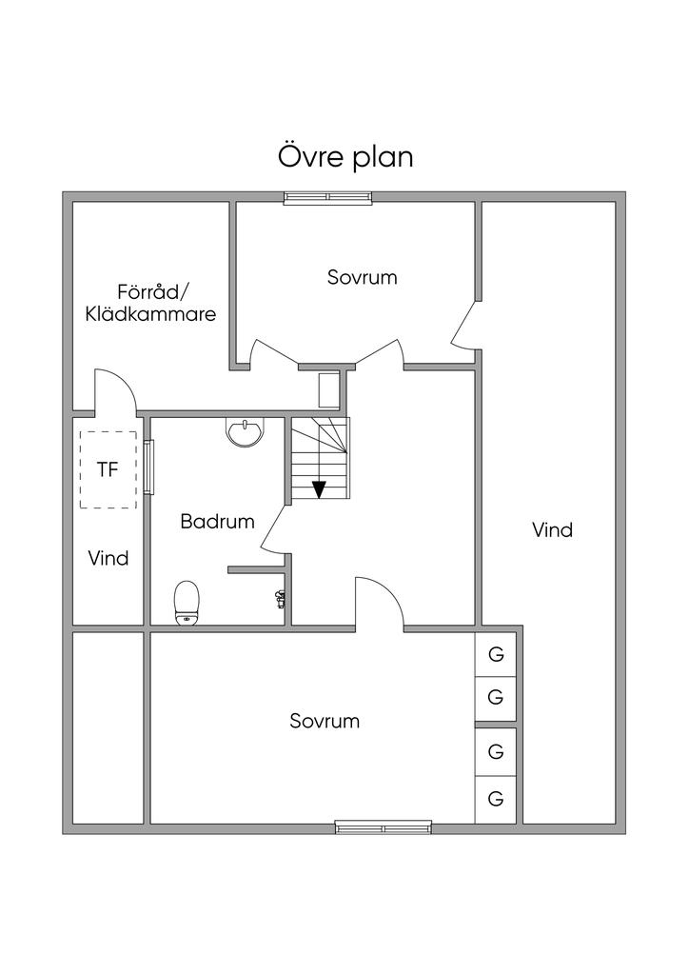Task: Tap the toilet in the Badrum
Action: (187, 603)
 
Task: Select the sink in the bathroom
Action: (246, 432)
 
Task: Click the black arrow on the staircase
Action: (319, 489)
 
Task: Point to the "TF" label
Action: (108, 469)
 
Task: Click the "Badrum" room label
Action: (217, 521)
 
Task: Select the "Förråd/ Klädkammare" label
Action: (150, 303)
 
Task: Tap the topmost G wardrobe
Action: (496, 654)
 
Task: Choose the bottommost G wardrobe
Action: (496, 799)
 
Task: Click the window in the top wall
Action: (328, 198)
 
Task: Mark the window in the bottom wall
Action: (384, 827)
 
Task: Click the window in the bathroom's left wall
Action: (148, 468)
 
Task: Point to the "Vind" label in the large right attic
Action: (552, 529)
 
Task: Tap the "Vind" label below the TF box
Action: (108, 558)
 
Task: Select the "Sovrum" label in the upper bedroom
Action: (363, 277)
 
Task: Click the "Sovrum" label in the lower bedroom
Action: (325, 721)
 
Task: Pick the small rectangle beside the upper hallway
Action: (327, 389)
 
